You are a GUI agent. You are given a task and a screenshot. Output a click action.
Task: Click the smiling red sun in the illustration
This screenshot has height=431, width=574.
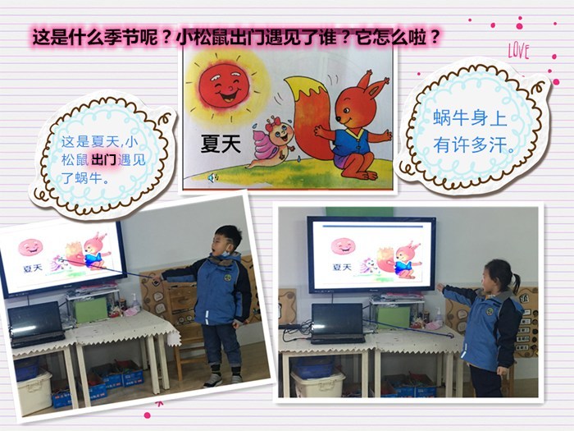tap(224, 86)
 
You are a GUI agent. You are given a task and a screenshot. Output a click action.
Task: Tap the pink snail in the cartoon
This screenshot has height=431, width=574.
tap(272, 143)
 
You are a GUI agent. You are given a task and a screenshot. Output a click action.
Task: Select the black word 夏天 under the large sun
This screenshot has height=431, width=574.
tap(221, 144)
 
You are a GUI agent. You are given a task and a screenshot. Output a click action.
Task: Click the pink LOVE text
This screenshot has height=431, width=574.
tap(519, 51)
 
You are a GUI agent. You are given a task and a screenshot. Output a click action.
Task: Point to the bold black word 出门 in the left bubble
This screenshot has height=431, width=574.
tap(103, 160)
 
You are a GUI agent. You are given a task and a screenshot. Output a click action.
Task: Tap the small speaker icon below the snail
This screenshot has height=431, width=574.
tap(212, 178)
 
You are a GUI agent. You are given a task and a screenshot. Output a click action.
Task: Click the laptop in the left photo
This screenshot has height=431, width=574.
tap(35, 324)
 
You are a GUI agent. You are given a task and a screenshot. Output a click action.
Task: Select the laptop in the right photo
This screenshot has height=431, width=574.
tap(338, 323)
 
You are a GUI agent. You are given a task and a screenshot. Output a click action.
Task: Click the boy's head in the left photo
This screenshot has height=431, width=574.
tap(227, 241)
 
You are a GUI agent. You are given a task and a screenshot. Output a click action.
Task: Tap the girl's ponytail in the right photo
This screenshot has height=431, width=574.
tap(516, 282)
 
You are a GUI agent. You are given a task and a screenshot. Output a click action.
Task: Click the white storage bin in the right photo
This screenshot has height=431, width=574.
tap(317, 383)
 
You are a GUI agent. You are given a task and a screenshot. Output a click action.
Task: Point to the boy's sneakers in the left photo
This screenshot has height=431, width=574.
tap(223, 379)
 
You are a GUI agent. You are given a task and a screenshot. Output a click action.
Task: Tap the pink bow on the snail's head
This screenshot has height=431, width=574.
tap(272, 124)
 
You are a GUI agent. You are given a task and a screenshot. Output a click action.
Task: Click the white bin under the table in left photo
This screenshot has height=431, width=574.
tap(34, 393)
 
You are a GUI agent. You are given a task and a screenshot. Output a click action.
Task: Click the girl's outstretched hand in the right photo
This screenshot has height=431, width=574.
tap(440, 287)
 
